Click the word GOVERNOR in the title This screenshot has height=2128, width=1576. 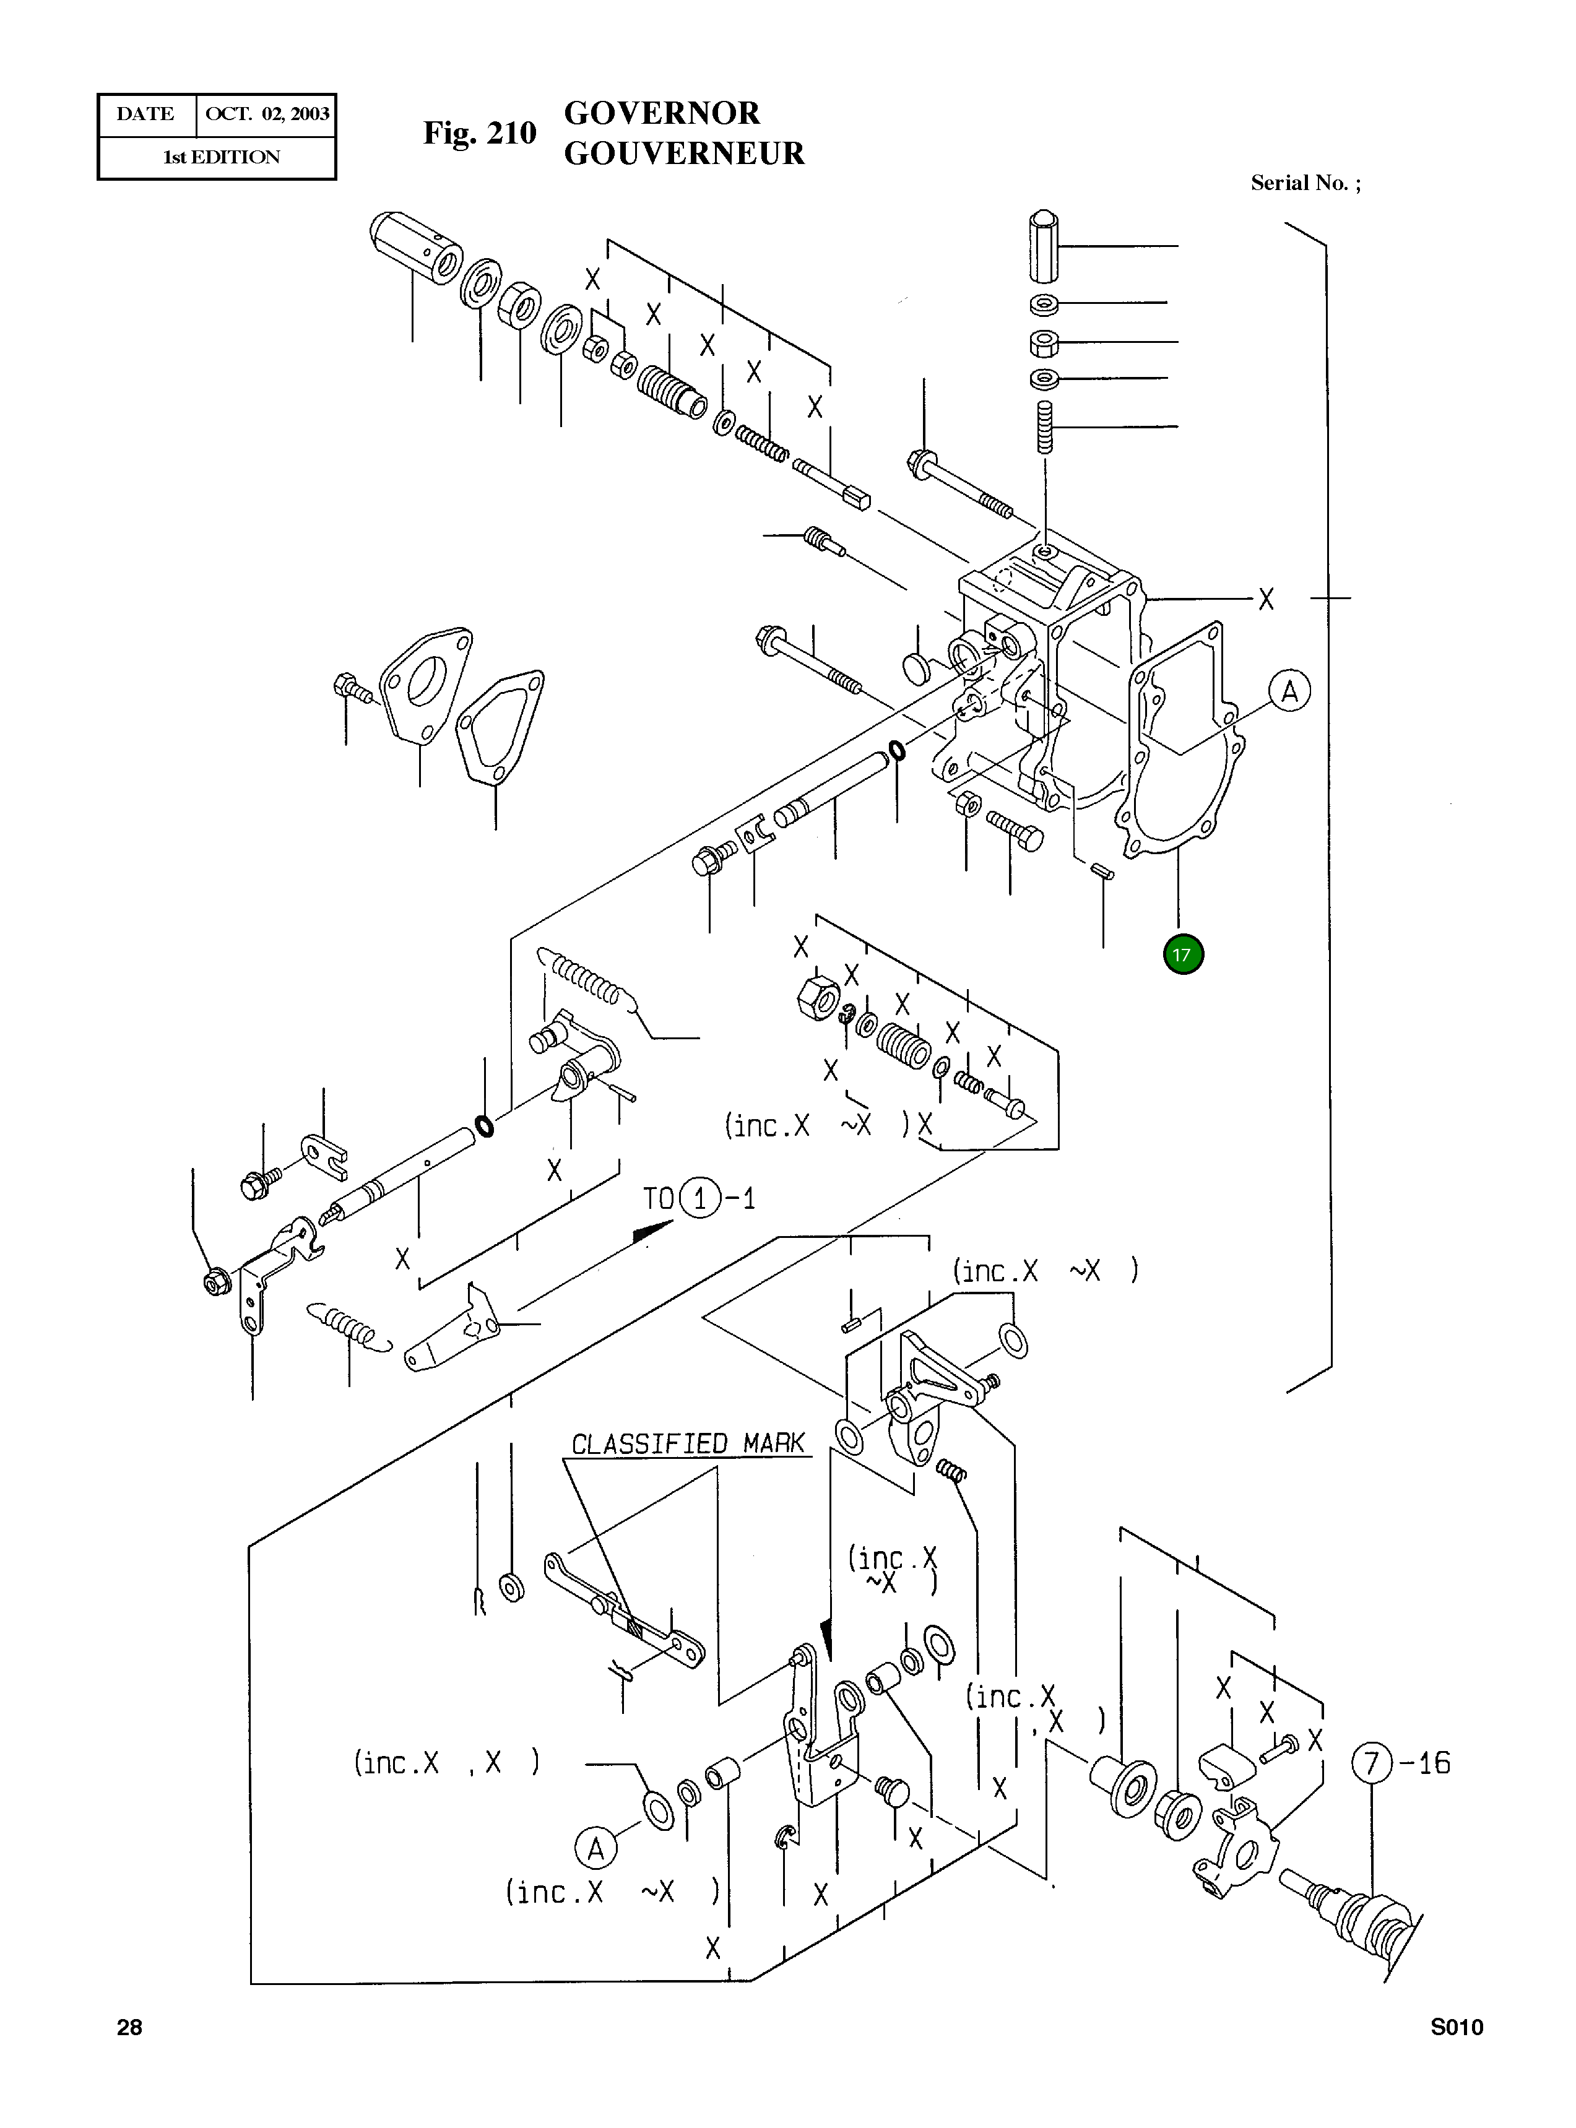(662, 113)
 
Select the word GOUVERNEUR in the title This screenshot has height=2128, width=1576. (684, 154)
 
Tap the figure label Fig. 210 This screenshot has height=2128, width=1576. (480, 132)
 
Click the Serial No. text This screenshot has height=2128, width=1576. (1305, 183)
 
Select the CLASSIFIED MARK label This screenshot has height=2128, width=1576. (688, 1443)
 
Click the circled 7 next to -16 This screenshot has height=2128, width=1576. (1372, 1763)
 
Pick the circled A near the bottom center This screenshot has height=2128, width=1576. (595, 1849)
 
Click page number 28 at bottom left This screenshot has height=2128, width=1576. (129, 2028)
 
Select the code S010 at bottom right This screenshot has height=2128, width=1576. (1456, 2028)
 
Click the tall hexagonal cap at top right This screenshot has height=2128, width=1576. (1045, 246)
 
